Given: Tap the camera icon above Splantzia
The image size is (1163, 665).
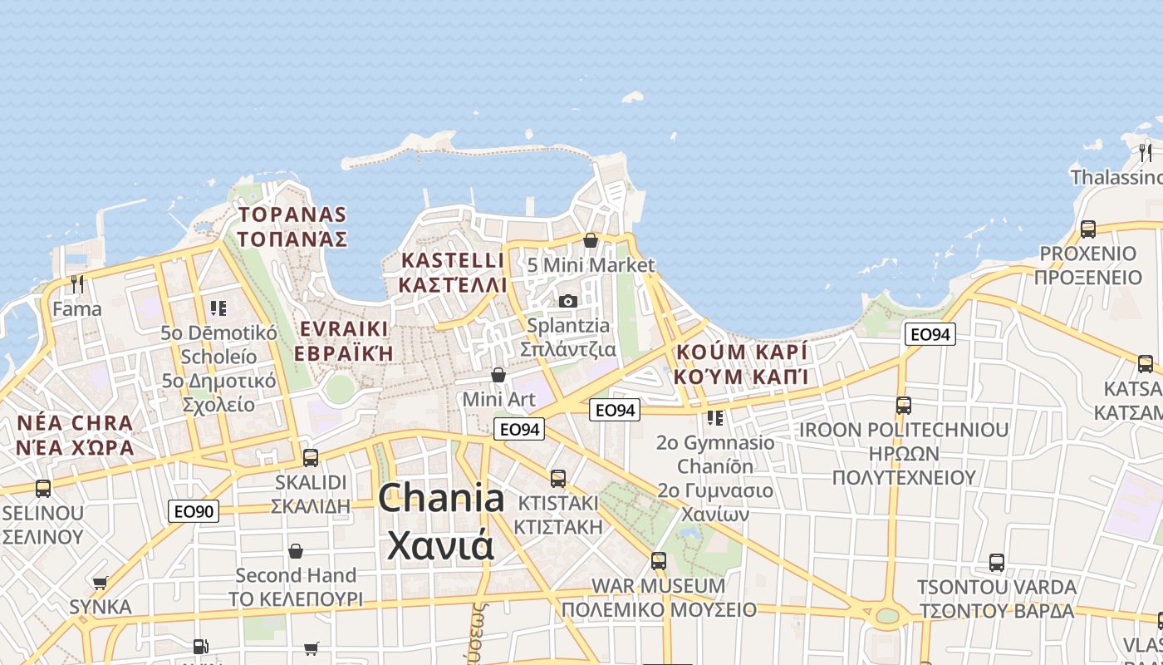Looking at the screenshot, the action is pyautogui.click(x=568, y=301).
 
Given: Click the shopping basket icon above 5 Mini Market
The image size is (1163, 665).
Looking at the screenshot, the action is pyautogui.click(x=591, y=240).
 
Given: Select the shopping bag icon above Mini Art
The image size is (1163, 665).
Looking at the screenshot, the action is pyautogui.click(x=498, y=375).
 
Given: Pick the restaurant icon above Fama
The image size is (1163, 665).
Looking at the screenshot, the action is pyautogui.click(x=77, y=284).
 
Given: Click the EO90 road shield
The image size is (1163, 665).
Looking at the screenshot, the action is pyautogui.click(x=194, y=511).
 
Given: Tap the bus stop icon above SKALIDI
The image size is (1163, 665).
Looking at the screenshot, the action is pyautogui.click(x=311, y=457).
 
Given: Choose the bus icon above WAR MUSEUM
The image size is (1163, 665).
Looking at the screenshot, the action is pyautogui.click(x=659, y=560).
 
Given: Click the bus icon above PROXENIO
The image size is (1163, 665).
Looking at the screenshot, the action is pyautogui.click(x=1088, y=229).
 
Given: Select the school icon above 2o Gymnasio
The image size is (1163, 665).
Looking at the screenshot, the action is pyautogui.click(x=714, y=417).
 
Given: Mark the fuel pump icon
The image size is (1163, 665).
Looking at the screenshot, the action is pyautogui.click(x=200, y=646).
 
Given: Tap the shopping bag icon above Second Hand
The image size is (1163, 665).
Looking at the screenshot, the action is pyautogui.click(x=296, y=550).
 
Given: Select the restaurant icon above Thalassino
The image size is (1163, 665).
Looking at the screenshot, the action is pyautogui.click(x=1146, y=152).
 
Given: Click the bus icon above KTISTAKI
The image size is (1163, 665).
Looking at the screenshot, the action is pyautogui.click(x=558, y=478).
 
